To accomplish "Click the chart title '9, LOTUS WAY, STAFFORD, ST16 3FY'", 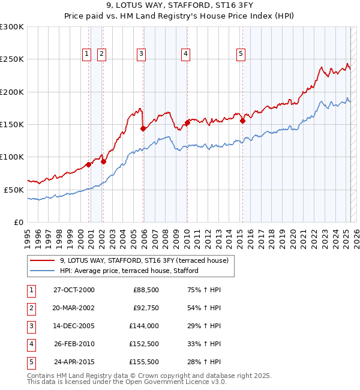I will [x=180, y=7].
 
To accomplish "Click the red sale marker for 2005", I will [x=143, y=128].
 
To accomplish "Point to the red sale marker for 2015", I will [x=243, y=121].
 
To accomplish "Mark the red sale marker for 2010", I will [x=187, y=123].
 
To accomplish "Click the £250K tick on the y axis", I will [x=12, y=59].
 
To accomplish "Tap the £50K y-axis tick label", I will [x=14, y=189].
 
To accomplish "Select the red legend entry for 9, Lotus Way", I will [x=144, y=261].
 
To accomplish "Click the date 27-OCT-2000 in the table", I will [x=73, y=290].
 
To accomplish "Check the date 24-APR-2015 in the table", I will [x=73, y=362].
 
